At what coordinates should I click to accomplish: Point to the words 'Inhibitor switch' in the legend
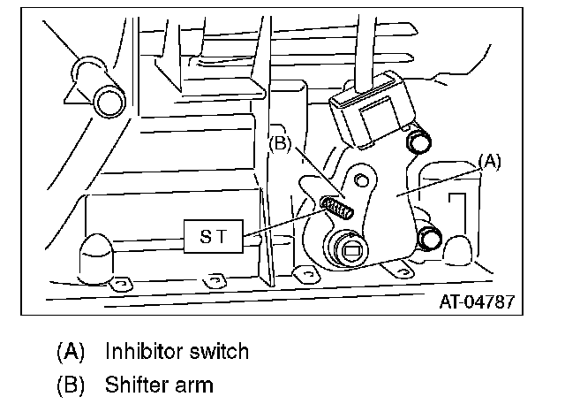click(177, 351)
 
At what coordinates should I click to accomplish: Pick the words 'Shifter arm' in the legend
click(158, 385)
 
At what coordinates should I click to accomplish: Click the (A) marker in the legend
click(70, 351)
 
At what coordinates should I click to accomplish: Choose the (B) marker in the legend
click(70, 385)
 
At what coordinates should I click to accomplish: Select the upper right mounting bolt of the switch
click(418, 141)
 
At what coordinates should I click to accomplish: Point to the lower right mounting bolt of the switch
click(430, 238)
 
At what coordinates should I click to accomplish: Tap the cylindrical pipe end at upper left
click(110, 100)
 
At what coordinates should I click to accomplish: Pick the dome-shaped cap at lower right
click(457, 252)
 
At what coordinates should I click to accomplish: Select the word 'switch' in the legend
click(219, 351)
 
